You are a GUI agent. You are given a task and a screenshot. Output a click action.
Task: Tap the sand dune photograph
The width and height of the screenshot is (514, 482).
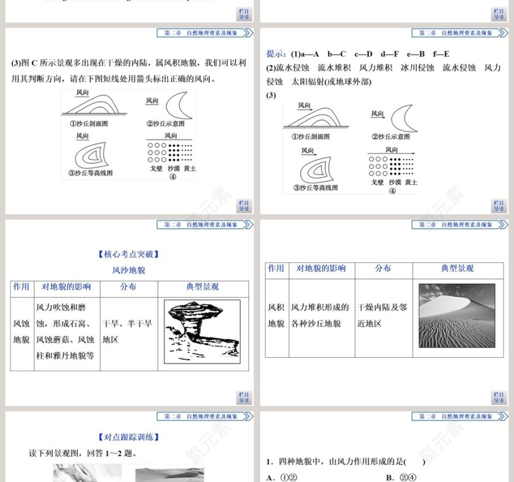pyautogui.click(x=456, y=316)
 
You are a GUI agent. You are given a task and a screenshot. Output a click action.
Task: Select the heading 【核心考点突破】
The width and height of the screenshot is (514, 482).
pyautogui.click(x=128, y=254)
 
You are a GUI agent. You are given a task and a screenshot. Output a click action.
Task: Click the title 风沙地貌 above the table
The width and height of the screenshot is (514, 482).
pyautogui.click(x=128, y=270)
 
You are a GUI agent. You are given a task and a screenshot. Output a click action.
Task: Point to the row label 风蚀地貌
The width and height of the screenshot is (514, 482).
pyautogui.click(x=21, y=331)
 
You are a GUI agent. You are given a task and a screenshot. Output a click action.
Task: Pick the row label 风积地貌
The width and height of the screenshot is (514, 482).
pyautogui.click(x=276, y=315)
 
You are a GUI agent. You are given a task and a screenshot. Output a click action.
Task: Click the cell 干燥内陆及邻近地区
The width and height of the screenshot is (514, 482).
pyautogui.click(x=382, y=315)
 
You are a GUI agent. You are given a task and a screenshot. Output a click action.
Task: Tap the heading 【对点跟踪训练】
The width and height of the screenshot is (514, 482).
pyautogui.click(x=128, y=437)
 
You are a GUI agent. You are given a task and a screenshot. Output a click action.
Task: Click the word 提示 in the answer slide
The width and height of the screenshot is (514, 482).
pyautogui.click(x=277, y=54)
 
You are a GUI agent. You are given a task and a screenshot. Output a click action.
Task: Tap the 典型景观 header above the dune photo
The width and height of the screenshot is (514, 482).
pyautogui.click(x=457, y=269)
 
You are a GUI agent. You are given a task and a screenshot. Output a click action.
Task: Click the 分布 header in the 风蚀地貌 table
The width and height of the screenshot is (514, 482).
pyautogui.click(x=128, y=287)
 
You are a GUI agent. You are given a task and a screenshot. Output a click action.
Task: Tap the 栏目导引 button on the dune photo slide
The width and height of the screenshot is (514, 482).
pyautogui.click(x=499, y=398)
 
